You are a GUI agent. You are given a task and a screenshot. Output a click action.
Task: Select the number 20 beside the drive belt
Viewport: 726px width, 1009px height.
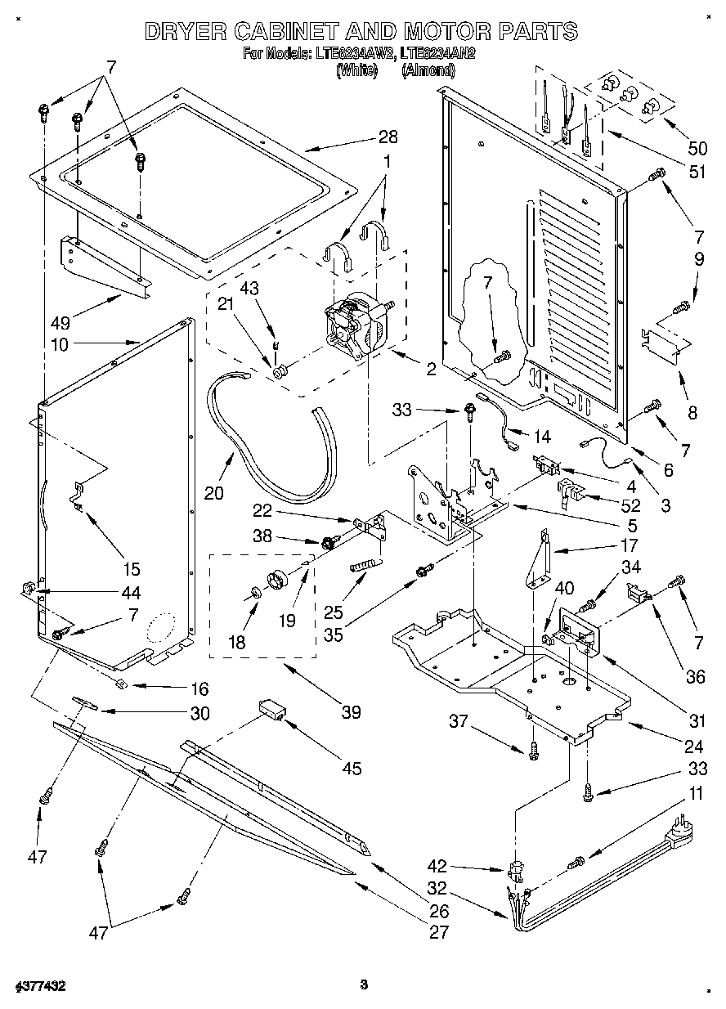pos(213,494)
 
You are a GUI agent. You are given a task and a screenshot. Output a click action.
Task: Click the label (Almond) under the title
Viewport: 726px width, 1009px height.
pos(428,71)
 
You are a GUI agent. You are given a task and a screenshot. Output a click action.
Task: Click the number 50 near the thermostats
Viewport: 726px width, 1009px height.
pos(697,148)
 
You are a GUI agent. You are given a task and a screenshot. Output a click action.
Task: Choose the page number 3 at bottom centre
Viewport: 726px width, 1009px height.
pos(364,984)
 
